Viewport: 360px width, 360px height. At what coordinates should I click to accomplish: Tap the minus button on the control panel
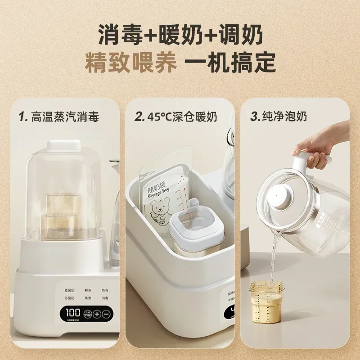point(107,313)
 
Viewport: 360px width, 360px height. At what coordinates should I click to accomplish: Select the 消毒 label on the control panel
point(104,298)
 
